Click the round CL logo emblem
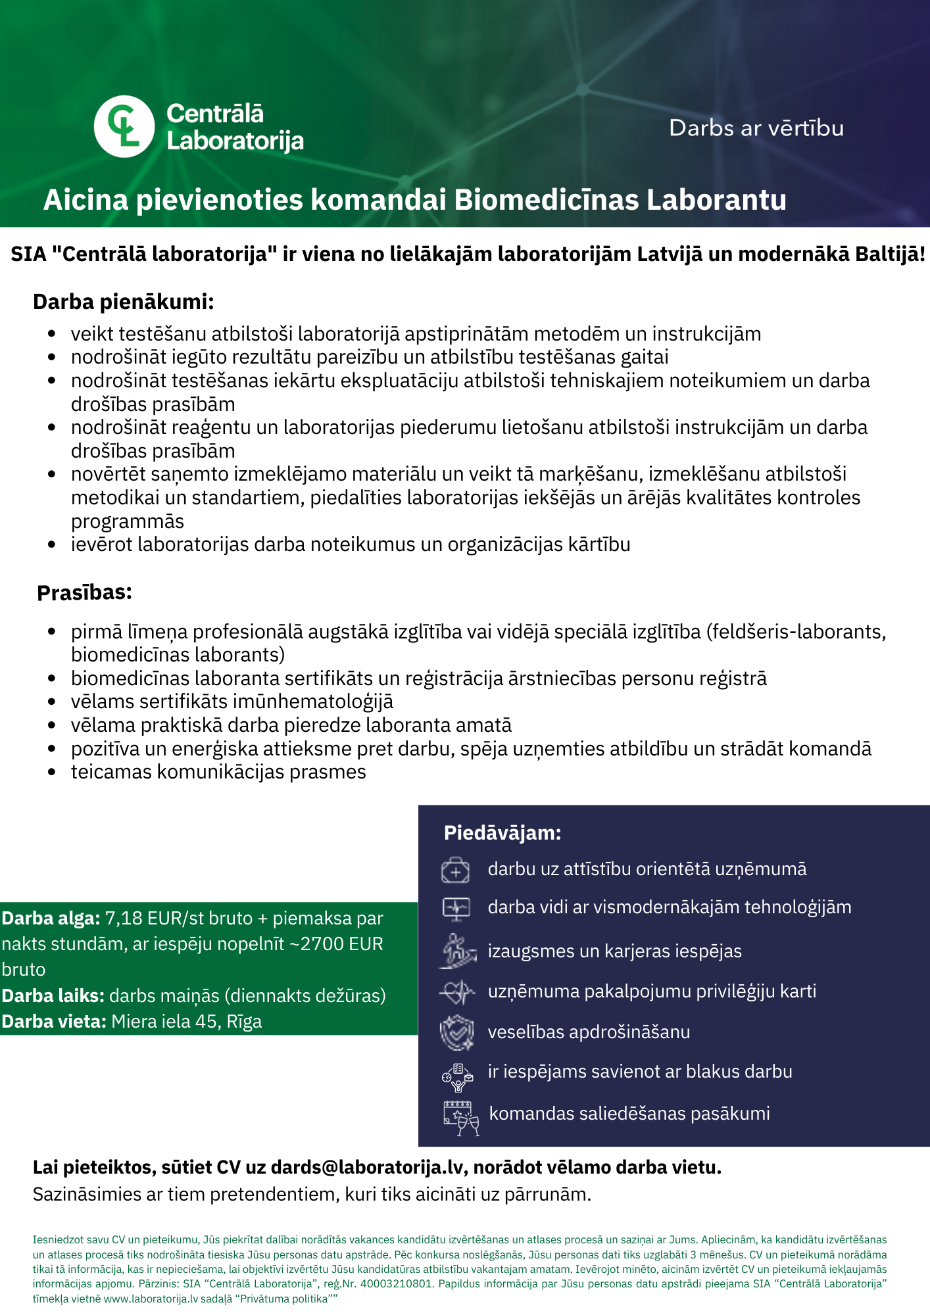click(x=124, y=126)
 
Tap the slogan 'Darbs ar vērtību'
click(x=756, y=128)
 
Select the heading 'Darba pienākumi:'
click(x=124, y=302)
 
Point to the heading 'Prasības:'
click(x=84, y=592)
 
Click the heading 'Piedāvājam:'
click(x=502, y=833)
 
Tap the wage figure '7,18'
click(x=123, y=918)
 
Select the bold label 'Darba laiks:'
click(x=53, y=995)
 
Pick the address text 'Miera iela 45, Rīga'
click(x=187, y=1021)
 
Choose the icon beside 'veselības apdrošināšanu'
click(x=456, y=1032)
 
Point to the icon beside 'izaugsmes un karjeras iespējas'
click(x=457, y=951)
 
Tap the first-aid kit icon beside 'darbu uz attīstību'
click(x=455, y=870)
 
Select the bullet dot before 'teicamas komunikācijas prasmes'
click(x=52, y=772)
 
